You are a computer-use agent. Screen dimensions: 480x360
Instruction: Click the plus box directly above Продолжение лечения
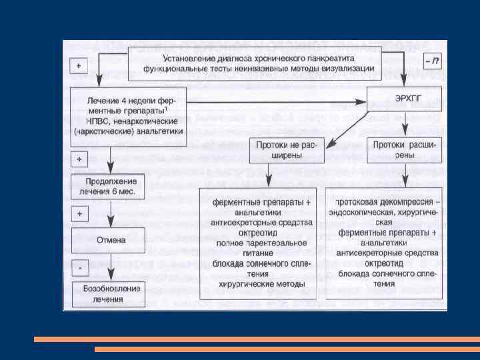(x=79, y=160)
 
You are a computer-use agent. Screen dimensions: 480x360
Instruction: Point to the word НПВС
(x=100, y=121)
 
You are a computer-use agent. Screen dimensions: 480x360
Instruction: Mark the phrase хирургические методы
(x=262, y=283)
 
